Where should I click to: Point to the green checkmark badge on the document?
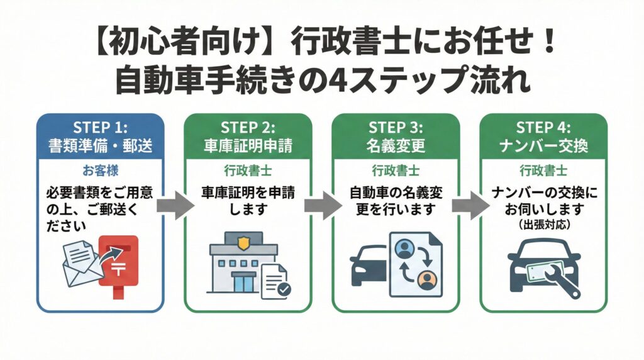284,290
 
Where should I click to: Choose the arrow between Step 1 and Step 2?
173,206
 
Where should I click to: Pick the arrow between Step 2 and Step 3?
321,206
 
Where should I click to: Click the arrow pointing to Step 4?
469,206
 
